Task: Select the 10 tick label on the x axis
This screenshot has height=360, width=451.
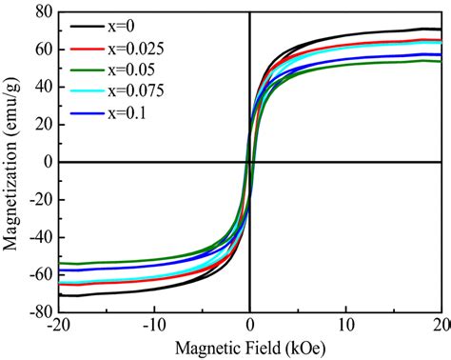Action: [346, 326]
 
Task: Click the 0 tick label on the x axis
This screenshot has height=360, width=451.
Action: [250, 326]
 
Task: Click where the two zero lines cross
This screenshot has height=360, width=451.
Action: [250, 162]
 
